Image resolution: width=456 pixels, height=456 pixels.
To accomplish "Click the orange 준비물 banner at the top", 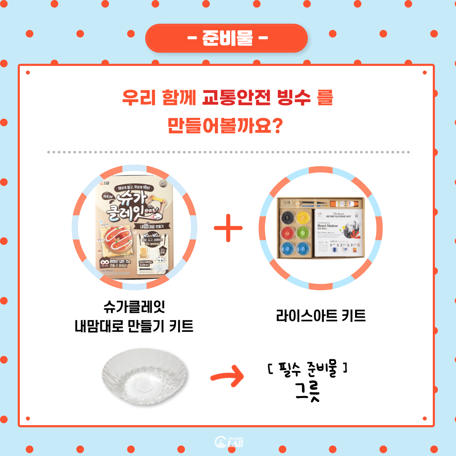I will click(227, 38).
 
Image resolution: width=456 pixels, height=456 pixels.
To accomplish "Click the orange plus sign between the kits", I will click(228, 228).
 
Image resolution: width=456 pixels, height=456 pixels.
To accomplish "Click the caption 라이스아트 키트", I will click(320, 315).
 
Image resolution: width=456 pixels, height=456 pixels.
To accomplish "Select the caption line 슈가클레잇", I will click(133, 307).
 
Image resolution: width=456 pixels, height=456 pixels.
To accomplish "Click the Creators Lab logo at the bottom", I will click(229, 442).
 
